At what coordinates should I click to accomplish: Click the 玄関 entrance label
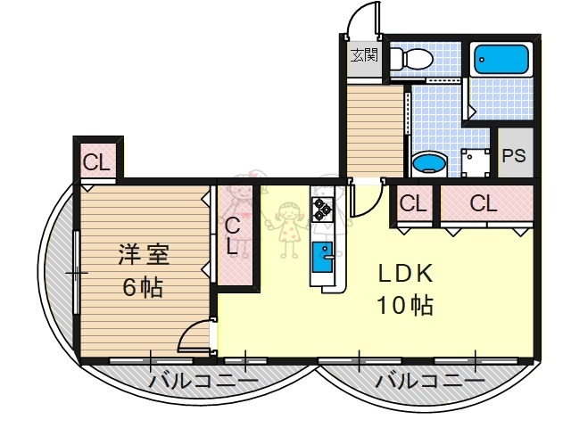363,55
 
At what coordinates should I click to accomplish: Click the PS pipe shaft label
513,155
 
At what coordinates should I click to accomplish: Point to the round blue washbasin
430,163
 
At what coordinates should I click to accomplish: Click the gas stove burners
321,210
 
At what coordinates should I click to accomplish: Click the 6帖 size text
143,287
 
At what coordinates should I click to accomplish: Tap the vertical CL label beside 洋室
233,236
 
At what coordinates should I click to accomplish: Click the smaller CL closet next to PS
412,203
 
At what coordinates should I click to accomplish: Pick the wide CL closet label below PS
483,203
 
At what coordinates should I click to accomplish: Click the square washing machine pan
476,164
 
